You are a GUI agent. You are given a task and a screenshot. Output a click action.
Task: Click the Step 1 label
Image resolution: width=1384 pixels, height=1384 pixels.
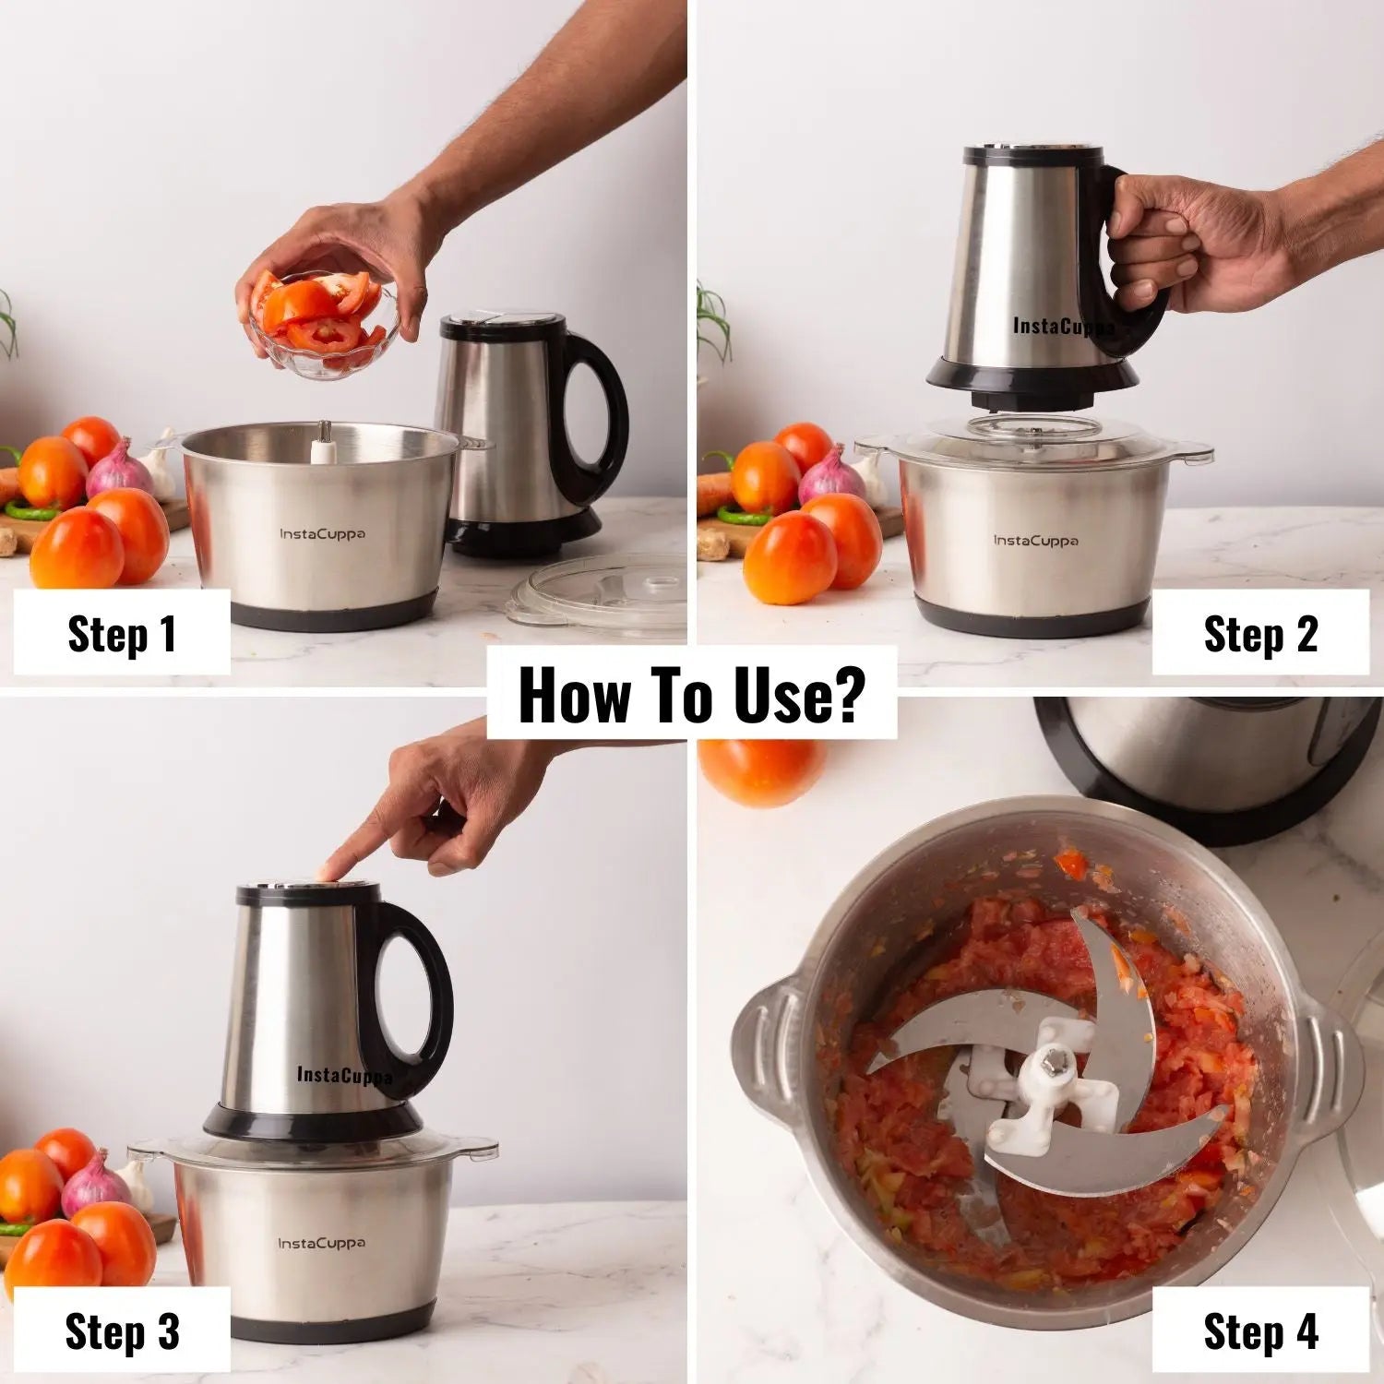121,634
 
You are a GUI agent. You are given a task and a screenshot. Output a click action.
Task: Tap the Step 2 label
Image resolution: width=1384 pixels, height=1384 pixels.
1260,634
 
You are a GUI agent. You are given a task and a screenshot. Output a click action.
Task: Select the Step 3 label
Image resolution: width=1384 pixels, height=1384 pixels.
121,1330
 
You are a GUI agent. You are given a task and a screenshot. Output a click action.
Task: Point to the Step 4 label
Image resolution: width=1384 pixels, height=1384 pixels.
1260,1330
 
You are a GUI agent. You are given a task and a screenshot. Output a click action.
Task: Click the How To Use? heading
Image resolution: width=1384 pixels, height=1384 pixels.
691,694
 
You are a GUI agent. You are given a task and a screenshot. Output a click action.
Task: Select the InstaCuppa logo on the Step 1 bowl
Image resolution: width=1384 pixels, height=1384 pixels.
322,533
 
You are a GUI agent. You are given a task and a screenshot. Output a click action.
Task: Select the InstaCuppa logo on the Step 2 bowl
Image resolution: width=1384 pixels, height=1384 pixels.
1035,540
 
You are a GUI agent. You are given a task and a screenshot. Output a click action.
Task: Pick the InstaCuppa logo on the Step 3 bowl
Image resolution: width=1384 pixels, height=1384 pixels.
322,1243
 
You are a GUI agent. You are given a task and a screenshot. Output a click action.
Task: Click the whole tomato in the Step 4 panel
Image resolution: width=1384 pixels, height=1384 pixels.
761,770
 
